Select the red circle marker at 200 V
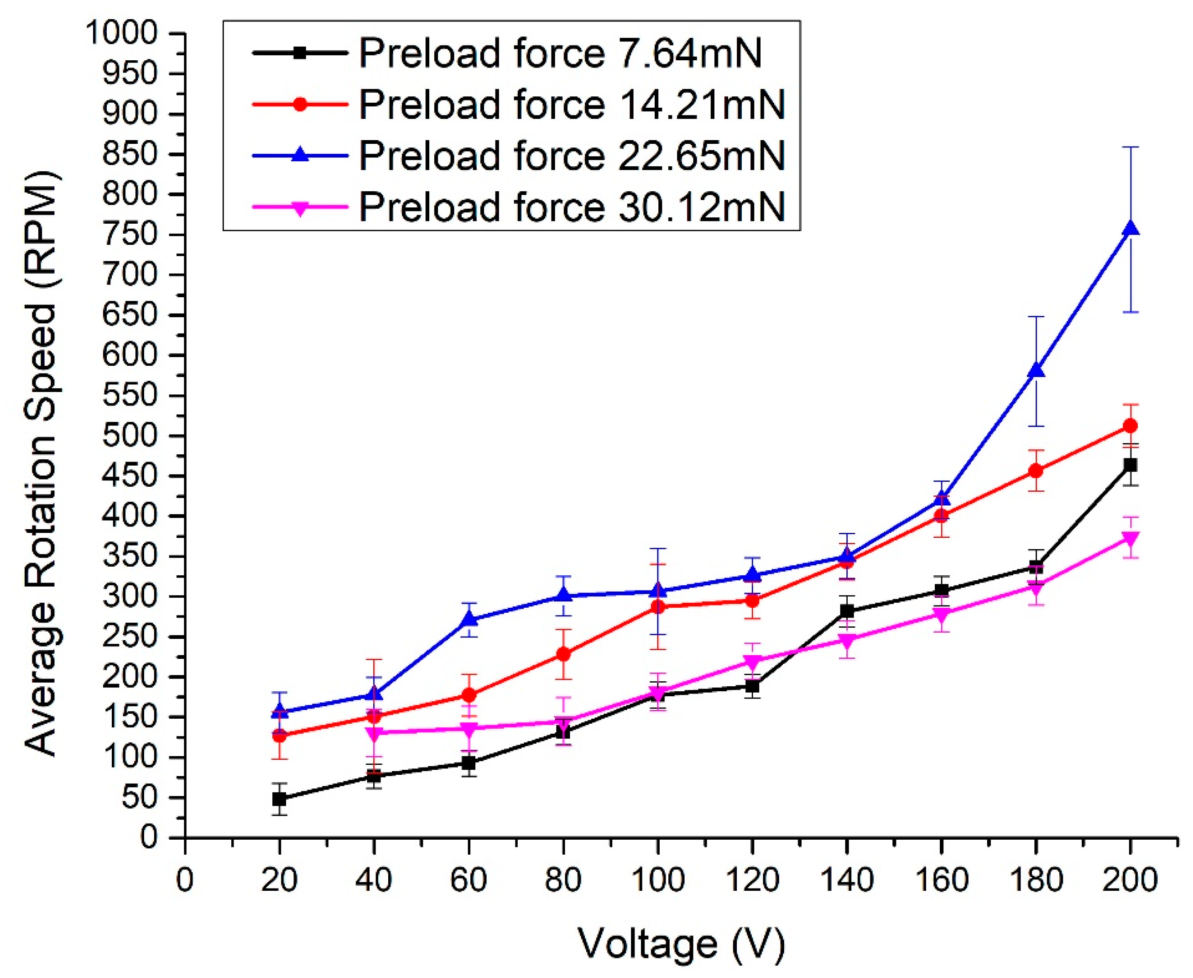pyautogui.click(x=1130, y=426)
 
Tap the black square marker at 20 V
pyautogui.click(x=279, y=799)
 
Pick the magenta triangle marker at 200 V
pyautogui.click(x=1130, y=538)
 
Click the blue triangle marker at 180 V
pyautogui.click(x=1036, y=370)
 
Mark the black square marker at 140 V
pyautogui.click(x=847, y=611)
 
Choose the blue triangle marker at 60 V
pyautogui.click(x=469, y=619)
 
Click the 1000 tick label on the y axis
pyautogui.click(x=121, y=34)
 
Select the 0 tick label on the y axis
pyautogui.click(x=149, y=837)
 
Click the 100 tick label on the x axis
pyautogui.click(x=657, y=880)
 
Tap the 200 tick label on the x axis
pyautogui.click(x=1130, y=880)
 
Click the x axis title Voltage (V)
pyautogui.click(x=681, y=943)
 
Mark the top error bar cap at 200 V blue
pyautogui.click(x=1130, y=147)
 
